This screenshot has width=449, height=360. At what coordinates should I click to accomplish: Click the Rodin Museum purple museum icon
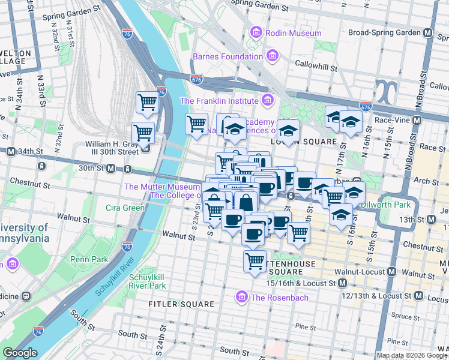click(256, 32)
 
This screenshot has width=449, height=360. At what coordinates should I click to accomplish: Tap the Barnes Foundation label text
click(228, 57)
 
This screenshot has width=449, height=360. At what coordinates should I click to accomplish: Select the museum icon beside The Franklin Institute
click(268, 100)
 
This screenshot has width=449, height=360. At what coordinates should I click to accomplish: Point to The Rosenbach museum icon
click(242, 297)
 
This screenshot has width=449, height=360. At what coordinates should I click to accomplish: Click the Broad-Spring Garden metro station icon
click(429, 32)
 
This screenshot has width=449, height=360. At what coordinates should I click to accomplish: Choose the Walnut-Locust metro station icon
click(392, 272)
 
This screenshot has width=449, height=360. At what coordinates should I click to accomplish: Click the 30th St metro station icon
click(111, 169)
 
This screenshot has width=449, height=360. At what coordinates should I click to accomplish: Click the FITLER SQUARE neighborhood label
click(182, 304)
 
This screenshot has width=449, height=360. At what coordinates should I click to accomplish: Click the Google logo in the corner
click(20, 353)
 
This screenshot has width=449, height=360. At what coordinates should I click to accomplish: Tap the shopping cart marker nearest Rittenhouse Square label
click(255, 261)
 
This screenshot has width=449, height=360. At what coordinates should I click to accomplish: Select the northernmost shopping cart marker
click(147, 101)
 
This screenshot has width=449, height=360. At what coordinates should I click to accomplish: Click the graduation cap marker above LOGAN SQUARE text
click(288, 130)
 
